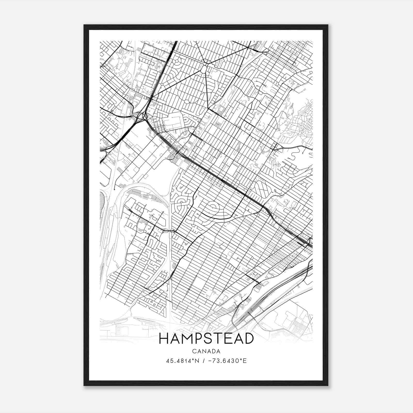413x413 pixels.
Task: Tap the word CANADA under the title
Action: coord(206,351)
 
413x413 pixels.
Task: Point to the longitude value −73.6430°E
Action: coord(227,361)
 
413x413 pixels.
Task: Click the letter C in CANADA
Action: coord(193,351)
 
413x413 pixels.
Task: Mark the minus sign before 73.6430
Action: coord(210,361)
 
